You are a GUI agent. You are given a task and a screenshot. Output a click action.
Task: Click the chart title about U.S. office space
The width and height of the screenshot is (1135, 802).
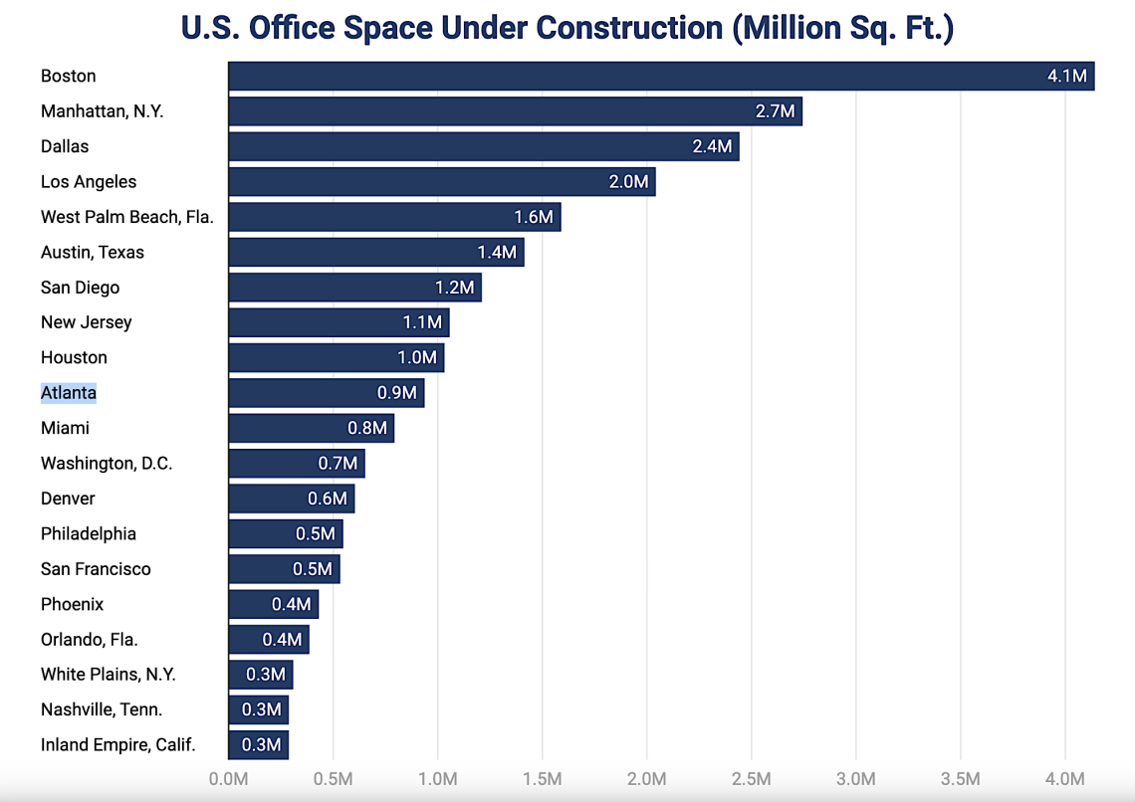(x=567, y=27)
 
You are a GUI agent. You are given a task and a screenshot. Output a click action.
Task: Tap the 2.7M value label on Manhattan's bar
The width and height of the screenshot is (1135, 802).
(x=776, y=111)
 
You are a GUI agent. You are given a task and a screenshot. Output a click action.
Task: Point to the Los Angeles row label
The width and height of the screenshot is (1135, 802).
(x=89, y=182)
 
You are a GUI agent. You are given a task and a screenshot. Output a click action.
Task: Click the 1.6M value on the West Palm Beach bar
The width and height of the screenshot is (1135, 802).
(x=534, y=217)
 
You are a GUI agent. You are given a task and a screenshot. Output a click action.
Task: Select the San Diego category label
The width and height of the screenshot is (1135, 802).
(x=80, y=288)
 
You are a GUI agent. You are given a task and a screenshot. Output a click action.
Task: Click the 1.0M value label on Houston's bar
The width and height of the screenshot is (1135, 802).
(x=417, y=357)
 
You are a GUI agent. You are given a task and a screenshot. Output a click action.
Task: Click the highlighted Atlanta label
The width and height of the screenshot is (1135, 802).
(x=69, y=393)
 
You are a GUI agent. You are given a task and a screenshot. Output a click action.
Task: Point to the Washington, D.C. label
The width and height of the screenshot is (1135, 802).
(x=107, y=464)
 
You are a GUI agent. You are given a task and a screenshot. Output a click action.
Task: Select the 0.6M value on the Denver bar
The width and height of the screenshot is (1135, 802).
(x=328, y=499)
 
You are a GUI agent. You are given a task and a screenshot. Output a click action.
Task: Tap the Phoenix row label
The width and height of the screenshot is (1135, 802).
(x=72, y=604)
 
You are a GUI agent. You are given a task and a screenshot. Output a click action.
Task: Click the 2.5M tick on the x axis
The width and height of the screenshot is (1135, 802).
(x=751, y=778)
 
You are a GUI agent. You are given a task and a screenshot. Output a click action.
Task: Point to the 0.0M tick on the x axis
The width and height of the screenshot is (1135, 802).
(x=228, y=778)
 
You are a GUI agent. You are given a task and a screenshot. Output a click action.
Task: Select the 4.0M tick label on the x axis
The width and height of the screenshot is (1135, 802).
(x=1064, y=778)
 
